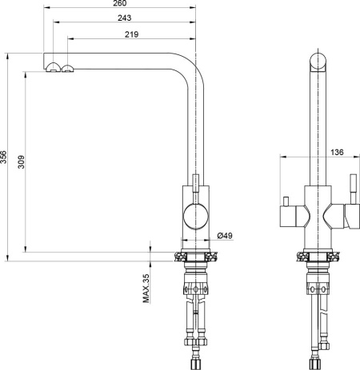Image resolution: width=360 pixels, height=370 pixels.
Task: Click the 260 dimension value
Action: pos(120,3)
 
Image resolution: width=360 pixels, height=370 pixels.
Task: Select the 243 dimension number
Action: pos(125,18)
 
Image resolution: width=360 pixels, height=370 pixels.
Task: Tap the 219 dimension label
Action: pos(132,34)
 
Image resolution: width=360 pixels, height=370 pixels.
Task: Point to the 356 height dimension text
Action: pos(3,157)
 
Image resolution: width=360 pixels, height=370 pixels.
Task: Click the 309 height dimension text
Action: pos(21,162)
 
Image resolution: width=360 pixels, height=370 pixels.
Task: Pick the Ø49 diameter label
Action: pos(225,236)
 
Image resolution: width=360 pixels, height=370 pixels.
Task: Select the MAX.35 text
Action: pos(146,288)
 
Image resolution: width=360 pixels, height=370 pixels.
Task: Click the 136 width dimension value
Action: pos(337,152)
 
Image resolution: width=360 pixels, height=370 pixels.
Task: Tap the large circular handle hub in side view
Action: pos(196,216)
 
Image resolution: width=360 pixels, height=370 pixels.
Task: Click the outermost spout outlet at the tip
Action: pos(53,67)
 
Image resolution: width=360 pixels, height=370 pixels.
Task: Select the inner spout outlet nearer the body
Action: pos(68,68)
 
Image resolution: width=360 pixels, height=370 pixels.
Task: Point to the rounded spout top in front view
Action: pos(318,62)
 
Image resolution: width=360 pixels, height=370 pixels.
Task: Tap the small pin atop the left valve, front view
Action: pos(286,201)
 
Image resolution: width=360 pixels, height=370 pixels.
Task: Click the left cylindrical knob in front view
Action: pos(288,217)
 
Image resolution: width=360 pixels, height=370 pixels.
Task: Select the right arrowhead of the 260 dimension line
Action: pos(193,7)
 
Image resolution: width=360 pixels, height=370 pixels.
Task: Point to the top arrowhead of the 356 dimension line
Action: pos(7,56)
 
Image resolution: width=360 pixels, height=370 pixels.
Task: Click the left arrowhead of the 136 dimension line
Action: pos(283,157)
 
